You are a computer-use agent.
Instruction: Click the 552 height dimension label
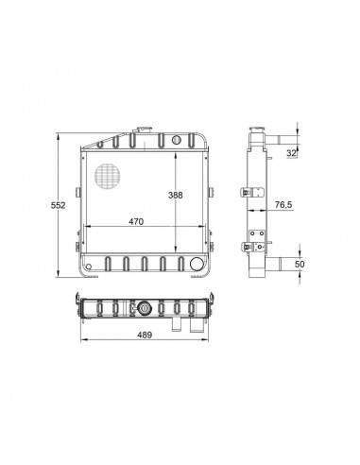click(x=58, y=205)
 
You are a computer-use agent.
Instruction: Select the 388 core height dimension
click(x=175, y=196)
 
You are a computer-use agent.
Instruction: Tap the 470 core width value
click(x=136, y=221)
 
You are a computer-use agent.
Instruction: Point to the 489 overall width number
click(x=145, y=335)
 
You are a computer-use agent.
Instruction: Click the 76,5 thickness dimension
click(x=283, y=205)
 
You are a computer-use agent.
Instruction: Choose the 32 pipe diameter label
click(x=291, y=153)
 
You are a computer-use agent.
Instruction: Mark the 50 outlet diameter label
click(x=300, y=264)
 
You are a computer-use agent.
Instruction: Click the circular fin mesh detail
click(x=108, y=177)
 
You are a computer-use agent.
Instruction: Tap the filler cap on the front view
click(x=145, y=129)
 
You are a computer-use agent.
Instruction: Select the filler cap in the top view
click(x=145, y=308)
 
